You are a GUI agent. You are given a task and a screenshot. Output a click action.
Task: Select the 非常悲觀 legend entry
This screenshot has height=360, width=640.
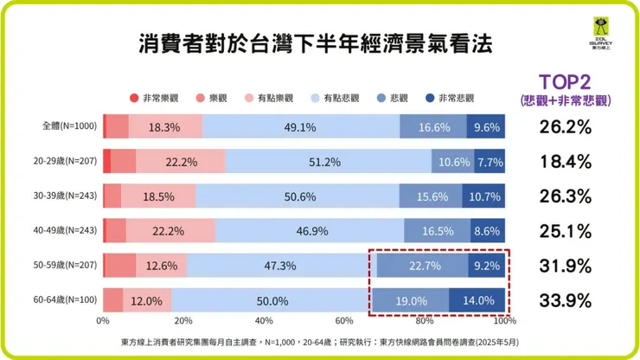pos(451,99)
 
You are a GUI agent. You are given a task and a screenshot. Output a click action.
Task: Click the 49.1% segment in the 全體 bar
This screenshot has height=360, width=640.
pos(300,126)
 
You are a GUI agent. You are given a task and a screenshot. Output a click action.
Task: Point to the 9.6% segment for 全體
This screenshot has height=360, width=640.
pos(487,126)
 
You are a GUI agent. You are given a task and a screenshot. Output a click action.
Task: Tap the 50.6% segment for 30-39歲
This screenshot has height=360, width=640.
pos(299,196)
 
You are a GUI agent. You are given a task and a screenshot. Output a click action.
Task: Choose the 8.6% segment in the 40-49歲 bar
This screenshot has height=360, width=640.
pos(489,231)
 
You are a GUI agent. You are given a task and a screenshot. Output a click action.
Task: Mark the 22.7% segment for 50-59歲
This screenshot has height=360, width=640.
pos(421,266)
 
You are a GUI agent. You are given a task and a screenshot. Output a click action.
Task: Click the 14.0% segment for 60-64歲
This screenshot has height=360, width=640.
pos(477,300)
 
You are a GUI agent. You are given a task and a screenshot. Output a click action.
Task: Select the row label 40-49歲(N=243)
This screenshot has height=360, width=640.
pos(63,231)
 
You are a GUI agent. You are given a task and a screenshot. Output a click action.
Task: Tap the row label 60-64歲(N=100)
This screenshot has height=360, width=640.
pos(63,300)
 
